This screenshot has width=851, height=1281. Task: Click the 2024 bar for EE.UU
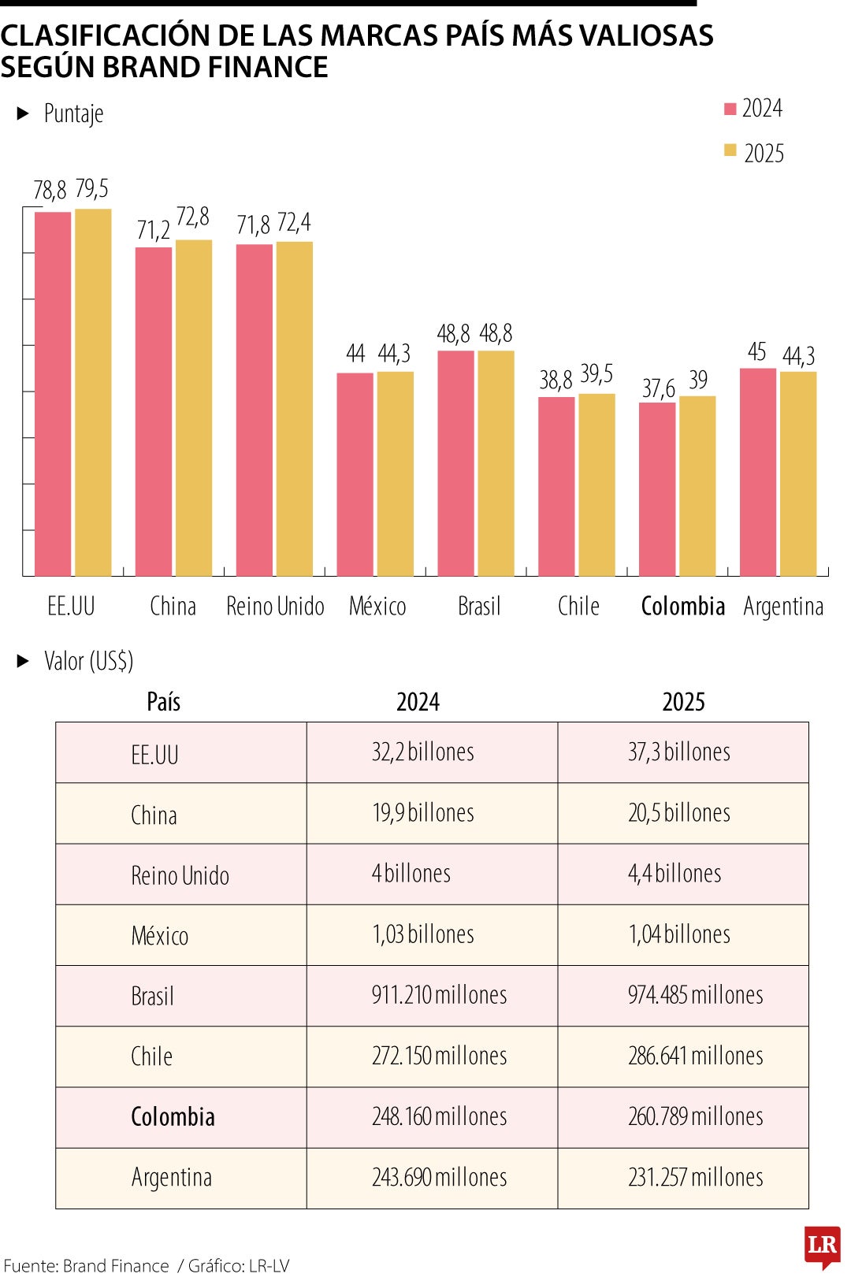tap(53, 394)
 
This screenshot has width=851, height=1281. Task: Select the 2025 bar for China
tap(194, 408)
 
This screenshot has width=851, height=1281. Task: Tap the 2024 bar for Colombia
tap(657, 489)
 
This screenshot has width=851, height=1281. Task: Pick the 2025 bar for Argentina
tap(798, 473)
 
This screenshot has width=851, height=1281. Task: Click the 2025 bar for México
tap(395, 473)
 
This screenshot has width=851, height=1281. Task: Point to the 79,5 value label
tap(92, 189)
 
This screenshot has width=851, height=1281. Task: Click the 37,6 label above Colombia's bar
tap(658, 388)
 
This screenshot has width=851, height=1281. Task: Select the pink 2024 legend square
tap(730, 109)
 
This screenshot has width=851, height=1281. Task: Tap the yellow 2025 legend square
tap(730, 150)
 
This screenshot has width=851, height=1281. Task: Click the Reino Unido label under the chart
tap(275, 606)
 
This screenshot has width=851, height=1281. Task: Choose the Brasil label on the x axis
tap(479, 606)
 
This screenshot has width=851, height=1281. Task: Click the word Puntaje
tap(73, 114)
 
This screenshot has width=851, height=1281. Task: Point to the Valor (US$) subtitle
tap(88, 661)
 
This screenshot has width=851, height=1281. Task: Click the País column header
tap(164, 701)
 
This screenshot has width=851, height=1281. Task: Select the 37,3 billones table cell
tap(679, 752)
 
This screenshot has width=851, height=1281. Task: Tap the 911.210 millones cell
tap(439, 995)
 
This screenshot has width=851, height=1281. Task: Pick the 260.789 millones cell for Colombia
tap(695, 1116)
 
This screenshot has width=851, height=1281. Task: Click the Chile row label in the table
tap(151, 1056)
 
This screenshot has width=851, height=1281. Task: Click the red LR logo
tap(822, 1246)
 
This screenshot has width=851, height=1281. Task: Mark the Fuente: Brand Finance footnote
tap(86, 1266)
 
